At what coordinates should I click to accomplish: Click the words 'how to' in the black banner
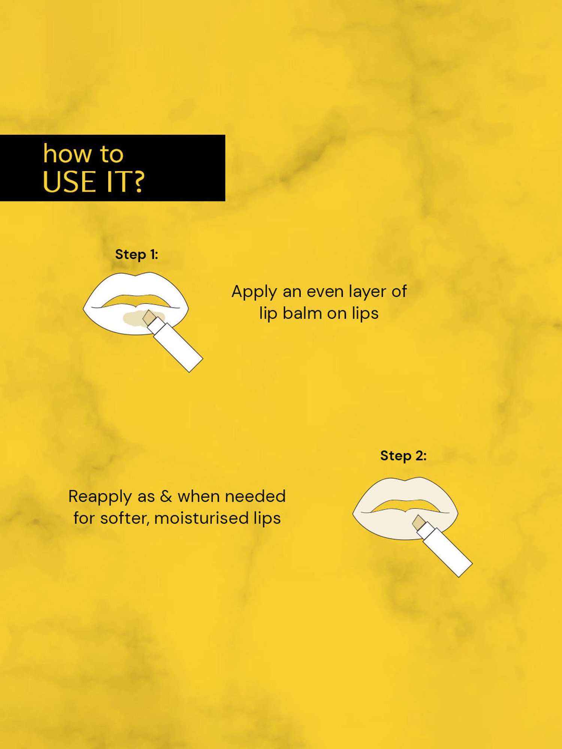pyautogui.click(x=83, y=154)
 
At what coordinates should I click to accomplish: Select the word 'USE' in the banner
pyautogui.click(x=69, y=182)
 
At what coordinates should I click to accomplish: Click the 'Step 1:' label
pyautogui.click(x=136, y=255)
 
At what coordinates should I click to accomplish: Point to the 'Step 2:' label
pyautogui.click(x=403, y=456)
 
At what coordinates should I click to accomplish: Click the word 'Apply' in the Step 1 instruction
pyautogui.click(x=254, y=292)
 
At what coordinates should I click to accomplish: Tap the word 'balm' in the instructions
pyautogui.click(x=302, y=313)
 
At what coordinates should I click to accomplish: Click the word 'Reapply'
pyautogui.click(x=100, y=497)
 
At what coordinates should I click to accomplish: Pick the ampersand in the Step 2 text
pyautogui.click(x=166, y=497)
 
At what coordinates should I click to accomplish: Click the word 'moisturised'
pyautogui.click(x=201, y=518)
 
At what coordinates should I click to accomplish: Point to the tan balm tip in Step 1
pyautogui.click(x=149, y=317)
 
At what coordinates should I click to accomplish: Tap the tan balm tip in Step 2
pyautogui.click(x=419, y=522)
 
